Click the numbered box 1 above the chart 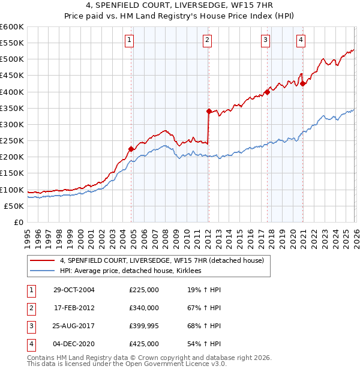[130, 40]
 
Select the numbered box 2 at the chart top [207, 40]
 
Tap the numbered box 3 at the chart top [265, 40]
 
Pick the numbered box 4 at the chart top [300, 40]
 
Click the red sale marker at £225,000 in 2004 [131, 149]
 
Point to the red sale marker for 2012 [209, 111]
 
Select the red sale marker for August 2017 [267, 92]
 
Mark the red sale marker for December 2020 [303, 83]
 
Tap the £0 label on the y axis [19, 222]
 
